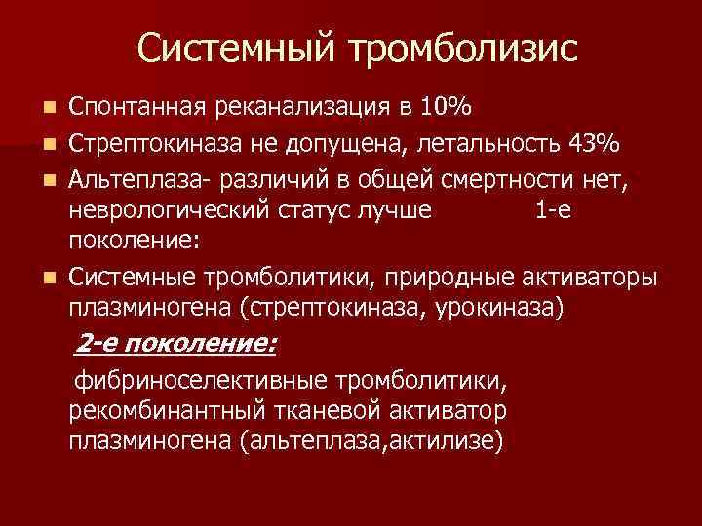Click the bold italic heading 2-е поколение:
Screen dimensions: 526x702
pyautogui.click(x=176, y=344)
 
